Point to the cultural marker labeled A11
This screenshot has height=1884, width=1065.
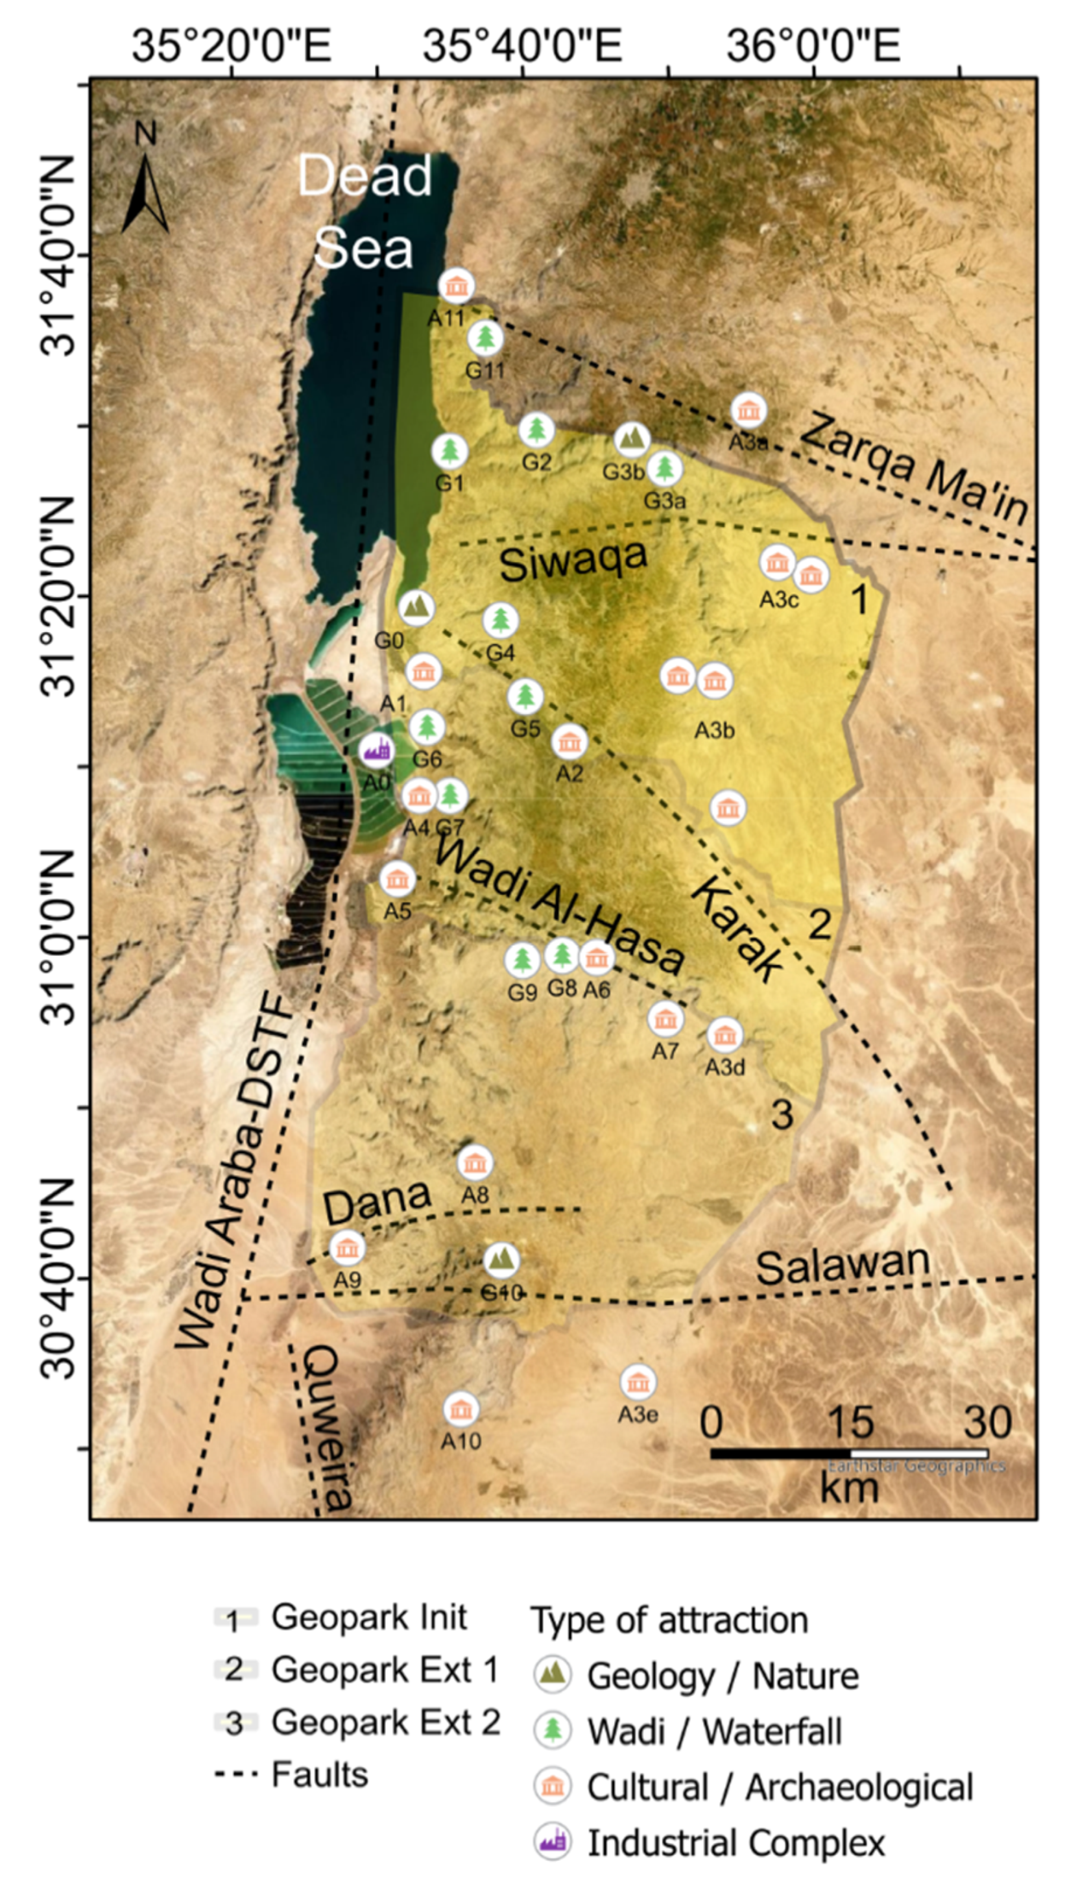[x=457, y=286]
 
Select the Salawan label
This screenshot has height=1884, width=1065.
[x=843, y=1265]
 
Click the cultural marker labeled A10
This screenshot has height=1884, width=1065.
[x=461, y=1408]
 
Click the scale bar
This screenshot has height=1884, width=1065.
[x=848, y=1453]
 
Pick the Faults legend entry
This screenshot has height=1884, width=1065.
[x=293, y=1775]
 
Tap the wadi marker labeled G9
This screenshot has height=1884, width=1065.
[x=522, y=959]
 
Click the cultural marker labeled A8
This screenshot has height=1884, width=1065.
[x=475, y=1162]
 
